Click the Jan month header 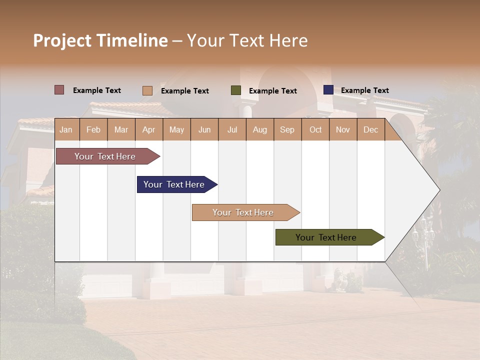(66, 130)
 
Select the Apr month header (148, 130)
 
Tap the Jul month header (232, 130)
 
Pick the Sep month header (287, 130)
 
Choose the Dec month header (370, 130)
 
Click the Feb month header (93, 130)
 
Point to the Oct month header (315, 130)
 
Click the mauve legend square (59, 90)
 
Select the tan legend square (147, 90)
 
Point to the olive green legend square (236, 90)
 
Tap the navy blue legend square (328, 90)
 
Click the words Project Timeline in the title (100, 40)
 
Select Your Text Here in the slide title (247, 40)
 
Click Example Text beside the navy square (365, 90)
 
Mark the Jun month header (204, 130)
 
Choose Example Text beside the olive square (273, 91)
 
